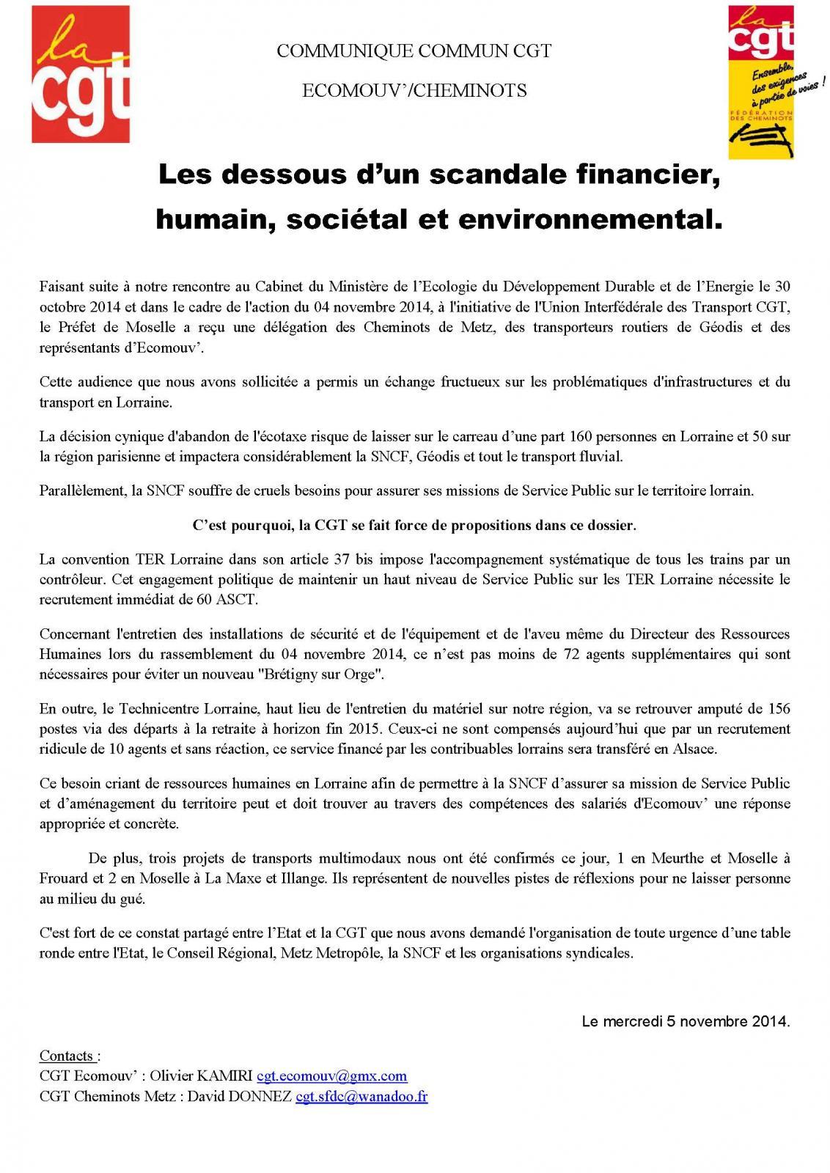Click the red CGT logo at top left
pyautogui.click(x=81, y=73)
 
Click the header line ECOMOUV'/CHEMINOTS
pyautogui.click(x=414, y=90)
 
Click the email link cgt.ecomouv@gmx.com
pyautogui.click(x=331, y=1076)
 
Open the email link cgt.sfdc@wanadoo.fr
pyautogui.click(x=361, y=1097)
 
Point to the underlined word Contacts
pyautogui.click(x=66, y=1056)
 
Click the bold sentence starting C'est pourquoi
pyautogui.click(x=414, y=525)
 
